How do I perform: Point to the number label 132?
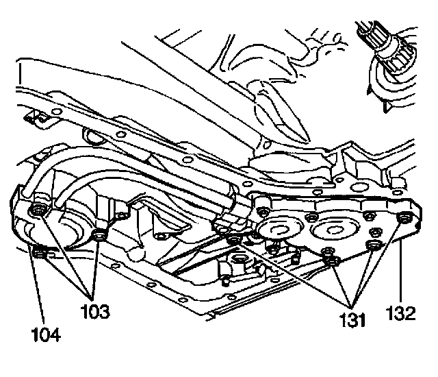[401, 313]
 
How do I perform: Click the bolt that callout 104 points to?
[39, 255]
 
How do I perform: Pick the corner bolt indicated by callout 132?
[404, 219]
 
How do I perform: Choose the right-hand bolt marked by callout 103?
[100, 236]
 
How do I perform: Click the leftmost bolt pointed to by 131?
[235, 241]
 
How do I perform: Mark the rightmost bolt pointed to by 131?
[373, 245]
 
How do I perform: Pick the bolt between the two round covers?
[311, 219]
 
